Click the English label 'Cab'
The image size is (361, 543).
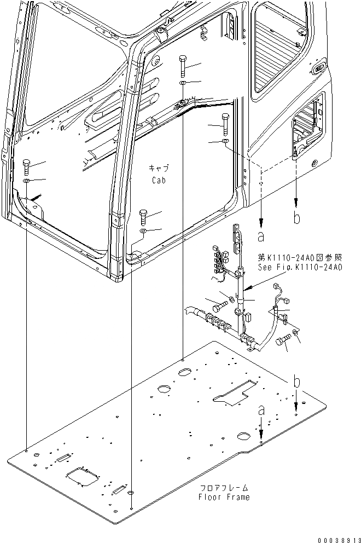point(159,180)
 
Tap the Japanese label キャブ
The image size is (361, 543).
point(159,168)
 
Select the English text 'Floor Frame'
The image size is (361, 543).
point(224,497)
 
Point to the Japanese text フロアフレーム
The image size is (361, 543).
point(224,487)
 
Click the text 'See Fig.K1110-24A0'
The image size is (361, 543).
point(300,268)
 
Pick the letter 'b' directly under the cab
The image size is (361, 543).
point(296,218)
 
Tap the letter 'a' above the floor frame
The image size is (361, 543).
point(261,409)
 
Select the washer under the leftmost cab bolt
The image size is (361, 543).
point(26,180)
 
